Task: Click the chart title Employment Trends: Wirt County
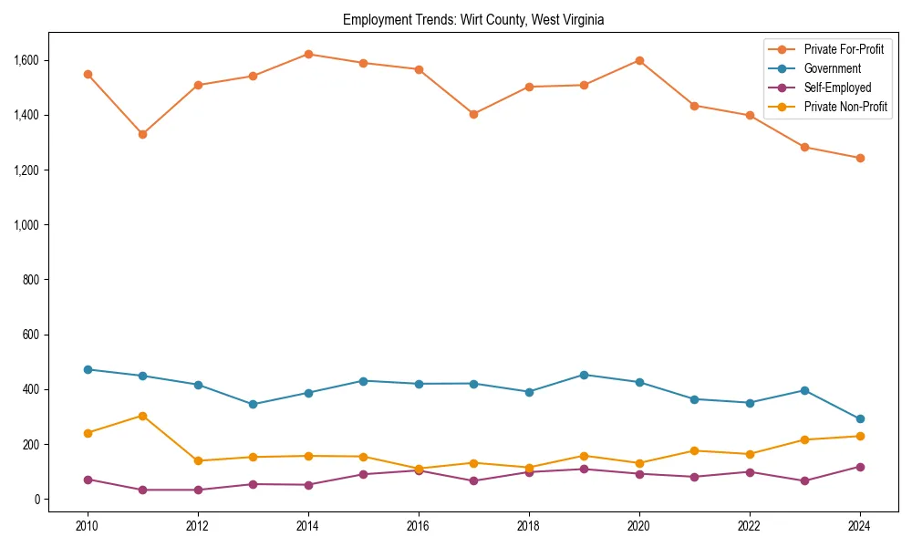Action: click(473, 19)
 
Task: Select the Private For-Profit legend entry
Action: click(844, 49)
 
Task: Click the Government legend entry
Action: click(832, 68)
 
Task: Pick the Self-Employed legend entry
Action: click(837, 88)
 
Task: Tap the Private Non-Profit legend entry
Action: click(845, 107)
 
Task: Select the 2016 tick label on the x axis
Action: click(418, 525)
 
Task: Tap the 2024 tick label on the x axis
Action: click(859, 525)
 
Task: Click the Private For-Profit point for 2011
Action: click(142, 134)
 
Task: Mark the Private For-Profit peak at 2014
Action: click(308, 54)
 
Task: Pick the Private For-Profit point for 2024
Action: click(859, 158)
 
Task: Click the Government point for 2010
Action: click(88, 369)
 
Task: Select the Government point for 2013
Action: click(253, 404)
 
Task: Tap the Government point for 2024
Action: click(859, 419)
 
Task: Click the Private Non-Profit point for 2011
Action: click(142, 416)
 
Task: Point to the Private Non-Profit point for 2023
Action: click(804, 439)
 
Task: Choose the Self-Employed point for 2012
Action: click(198, 490)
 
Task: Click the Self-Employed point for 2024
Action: click(859, 467)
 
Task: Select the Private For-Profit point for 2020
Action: click(639, 60)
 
